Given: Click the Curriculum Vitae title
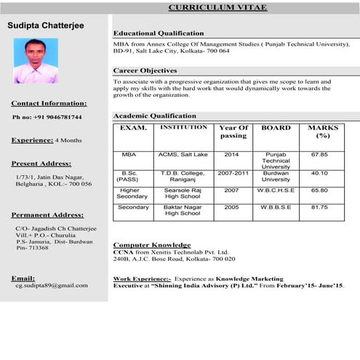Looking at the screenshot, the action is [x=217, y=7].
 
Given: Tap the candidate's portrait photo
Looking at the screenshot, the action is [x=36, y=60].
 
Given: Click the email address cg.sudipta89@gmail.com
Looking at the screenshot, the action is [x=51, y=286].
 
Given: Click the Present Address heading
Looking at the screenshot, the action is [x=41, y=164].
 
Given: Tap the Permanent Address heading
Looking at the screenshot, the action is [x=48, y=215].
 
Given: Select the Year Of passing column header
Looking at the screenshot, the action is [x=233, y=132].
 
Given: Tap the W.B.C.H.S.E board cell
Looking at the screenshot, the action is [x=276, y=190].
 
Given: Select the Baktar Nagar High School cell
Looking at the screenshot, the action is [x=183, y=210].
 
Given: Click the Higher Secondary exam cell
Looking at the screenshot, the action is [x=132, y=193].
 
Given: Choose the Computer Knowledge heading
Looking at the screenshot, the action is [x=151, y=245].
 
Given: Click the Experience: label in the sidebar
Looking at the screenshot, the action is [x=32, y=140].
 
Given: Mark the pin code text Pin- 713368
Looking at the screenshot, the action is [x=32, y=248].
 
